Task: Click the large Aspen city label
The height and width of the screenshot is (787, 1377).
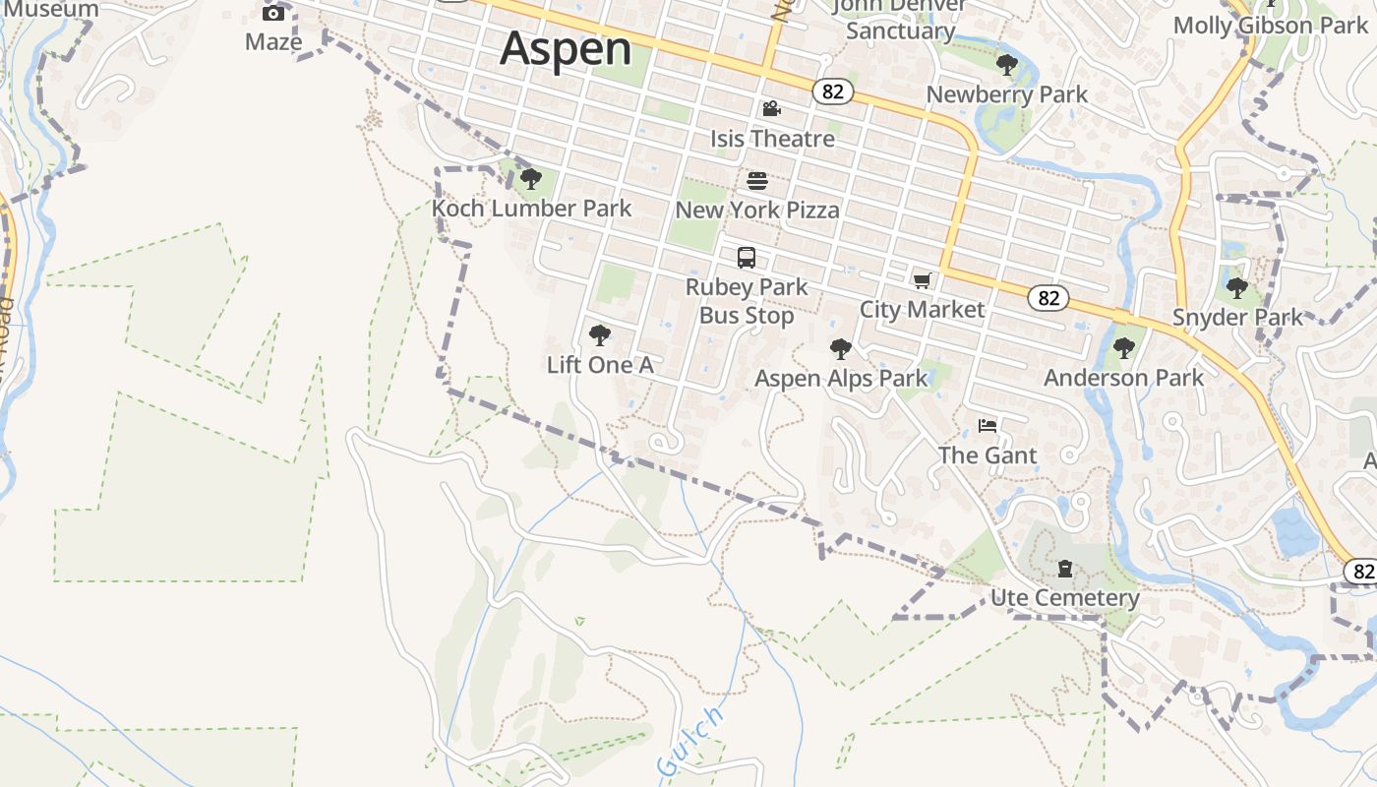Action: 566,49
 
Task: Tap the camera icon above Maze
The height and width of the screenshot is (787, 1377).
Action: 273,13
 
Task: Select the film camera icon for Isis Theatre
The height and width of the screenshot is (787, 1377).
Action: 772,108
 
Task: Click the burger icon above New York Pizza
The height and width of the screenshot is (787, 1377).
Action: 757,180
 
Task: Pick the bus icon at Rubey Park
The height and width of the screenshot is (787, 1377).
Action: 747,258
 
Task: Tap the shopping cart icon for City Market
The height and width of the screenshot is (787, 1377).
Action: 922,281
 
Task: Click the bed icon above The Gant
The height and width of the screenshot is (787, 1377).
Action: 988,426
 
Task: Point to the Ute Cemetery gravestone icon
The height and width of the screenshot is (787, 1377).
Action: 1064,569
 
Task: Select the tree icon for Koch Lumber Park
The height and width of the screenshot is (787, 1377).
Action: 531,179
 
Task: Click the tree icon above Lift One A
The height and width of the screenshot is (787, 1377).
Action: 599,335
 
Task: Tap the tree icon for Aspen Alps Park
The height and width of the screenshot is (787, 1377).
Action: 840,348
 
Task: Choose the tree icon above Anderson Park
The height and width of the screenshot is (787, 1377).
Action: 1123,348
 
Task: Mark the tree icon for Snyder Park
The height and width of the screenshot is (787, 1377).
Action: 1236,288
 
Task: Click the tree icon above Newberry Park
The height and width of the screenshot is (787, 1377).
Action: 1006,65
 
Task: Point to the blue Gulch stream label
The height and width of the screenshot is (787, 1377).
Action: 690,741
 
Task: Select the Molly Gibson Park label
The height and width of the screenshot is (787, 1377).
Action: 1271,26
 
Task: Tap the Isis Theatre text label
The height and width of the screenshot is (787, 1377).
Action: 772,139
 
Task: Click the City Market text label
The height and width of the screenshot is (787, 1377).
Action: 922,310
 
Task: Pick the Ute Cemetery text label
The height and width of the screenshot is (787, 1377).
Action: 1064,598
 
